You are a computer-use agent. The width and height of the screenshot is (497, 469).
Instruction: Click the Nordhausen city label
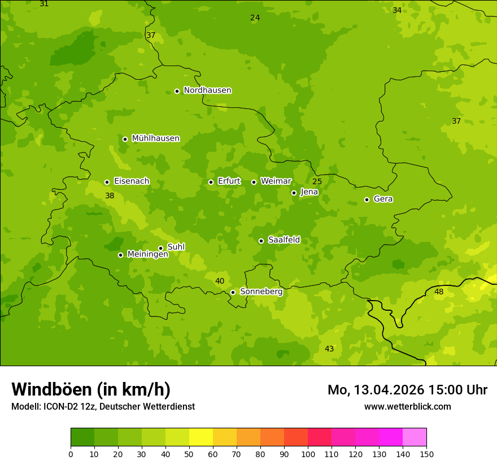tap(207, 90)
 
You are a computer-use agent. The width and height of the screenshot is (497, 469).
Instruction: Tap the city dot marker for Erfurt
tap(211, 182)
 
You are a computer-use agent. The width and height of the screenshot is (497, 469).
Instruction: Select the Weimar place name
tap(276, 181)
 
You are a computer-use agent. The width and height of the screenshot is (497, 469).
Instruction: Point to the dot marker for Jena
tap(294, 193)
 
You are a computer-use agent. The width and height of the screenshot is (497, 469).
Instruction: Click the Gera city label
tap(383, 199)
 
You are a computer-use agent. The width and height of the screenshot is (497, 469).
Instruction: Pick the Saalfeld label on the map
tap(284, 240)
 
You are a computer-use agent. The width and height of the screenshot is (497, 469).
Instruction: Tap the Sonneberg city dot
tap(233, 292)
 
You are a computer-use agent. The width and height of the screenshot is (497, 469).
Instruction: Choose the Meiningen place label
tap(147, 254)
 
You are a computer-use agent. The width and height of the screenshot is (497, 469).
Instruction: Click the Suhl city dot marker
tap(160, 248)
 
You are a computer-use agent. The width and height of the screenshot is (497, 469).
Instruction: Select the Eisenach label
tap(132, 181)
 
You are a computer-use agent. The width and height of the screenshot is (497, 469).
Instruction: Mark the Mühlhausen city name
tap(155, 138)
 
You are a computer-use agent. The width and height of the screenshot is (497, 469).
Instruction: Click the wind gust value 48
tap(439, 292)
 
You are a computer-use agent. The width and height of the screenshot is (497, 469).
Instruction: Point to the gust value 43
tap(329, 349)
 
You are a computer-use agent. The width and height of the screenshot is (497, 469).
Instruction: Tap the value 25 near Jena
tap(317, 181)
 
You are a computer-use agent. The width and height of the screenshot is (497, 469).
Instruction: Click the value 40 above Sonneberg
tap(220, 281)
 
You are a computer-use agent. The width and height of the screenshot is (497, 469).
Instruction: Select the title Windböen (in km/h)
tap(91, 389)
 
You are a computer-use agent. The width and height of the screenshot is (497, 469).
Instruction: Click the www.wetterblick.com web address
tap(407, 406)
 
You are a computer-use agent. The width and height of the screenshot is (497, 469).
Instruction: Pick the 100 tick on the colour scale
tap(308, 454)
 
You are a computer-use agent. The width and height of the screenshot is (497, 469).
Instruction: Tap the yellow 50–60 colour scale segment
tap(201, 437)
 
